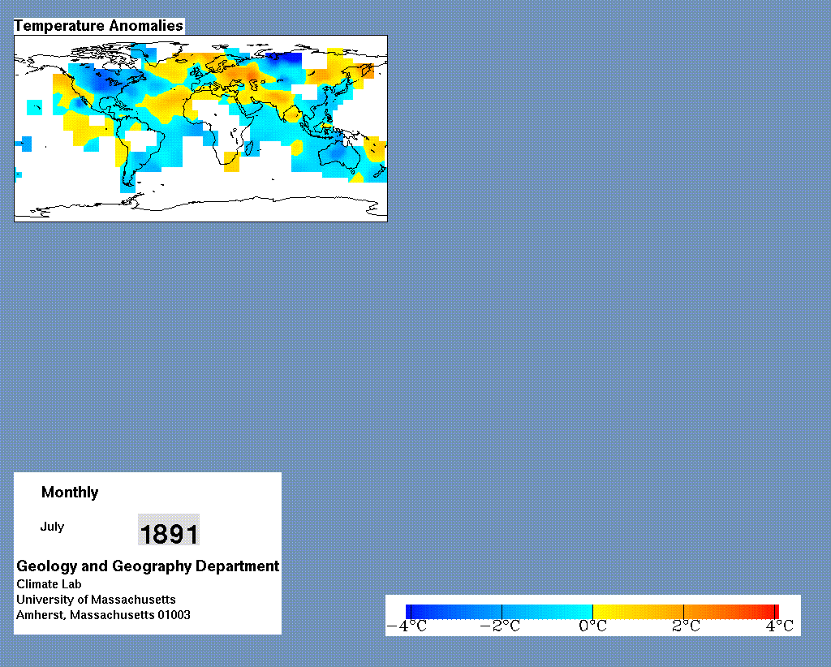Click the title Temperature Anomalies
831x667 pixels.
(x=98, y=26)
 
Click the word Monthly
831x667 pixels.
(x=70, y=493)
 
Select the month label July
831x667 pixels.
(x=52, y=527)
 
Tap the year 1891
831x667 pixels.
(x=169, y=532)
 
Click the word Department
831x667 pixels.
(x=238, y=566)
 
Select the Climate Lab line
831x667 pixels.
(x=49, y=584)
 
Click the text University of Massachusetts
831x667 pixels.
(x=96, y=600)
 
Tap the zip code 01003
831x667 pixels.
(x=174, y=615)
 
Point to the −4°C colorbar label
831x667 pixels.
(x=407, y=626)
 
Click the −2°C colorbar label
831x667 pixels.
(x=500, y=626)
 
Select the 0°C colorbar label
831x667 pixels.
(x=593, y=626)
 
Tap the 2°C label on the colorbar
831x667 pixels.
(x=687, y=626)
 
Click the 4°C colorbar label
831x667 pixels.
(x=780, y=626)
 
